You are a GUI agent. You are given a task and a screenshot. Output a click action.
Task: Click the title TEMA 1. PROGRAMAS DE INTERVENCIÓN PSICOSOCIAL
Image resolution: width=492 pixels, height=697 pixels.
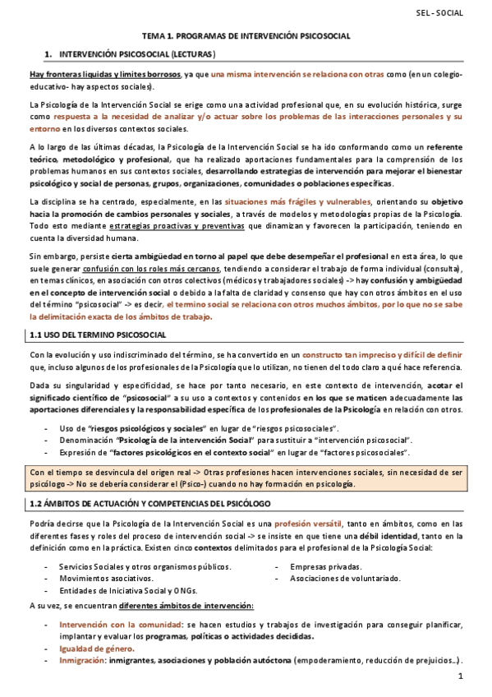[246, 36]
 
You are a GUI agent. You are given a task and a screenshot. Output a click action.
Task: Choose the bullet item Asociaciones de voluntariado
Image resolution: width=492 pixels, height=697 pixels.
[345, 579]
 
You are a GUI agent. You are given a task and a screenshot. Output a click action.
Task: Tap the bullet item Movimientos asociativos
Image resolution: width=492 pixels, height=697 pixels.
[100, 579]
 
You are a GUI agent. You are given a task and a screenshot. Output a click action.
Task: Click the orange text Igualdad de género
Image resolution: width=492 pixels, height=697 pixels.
[98, 648]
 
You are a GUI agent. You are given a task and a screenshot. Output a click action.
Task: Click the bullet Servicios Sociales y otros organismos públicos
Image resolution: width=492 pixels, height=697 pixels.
[145, 566]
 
